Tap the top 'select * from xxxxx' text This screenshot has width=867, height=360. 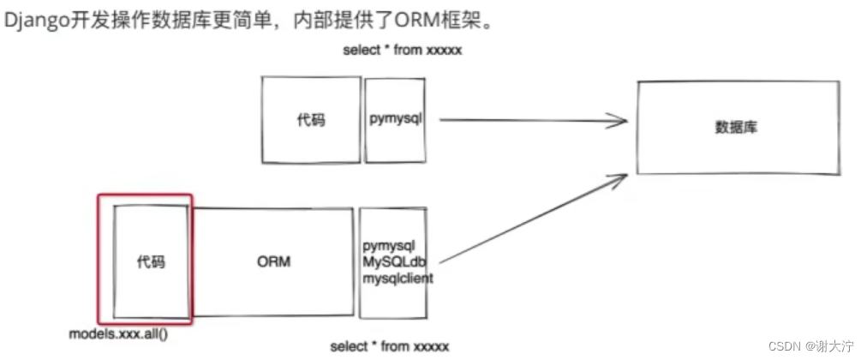(402, 51)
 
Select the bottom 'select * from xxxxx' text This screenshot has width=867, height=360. (389, 345)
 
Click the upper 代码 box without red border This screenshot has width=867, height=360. (310, 120)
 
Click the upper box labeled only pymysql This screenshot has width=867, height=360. (396, 119)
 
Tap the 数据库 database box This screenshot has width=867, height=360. (737, 127)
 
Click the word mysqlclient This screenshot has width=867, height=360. (398, 278)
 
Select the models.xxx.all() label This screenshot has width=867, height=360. (118, 331)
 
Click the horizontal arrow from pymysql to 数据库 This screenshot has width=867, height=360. (531, 120)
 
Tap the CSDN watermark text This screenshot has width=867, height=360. (784, 346)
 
